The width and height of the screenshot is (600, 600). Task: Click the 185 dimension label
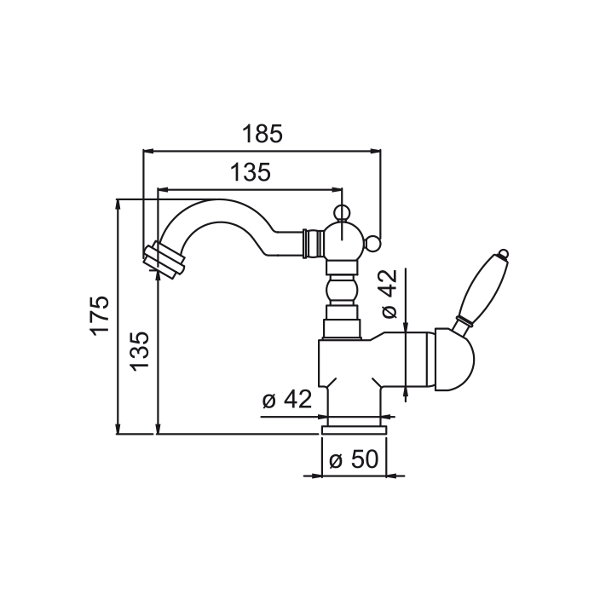pos(262,134)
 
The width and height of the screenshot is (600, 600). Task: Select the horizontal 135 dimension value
pos(251,173)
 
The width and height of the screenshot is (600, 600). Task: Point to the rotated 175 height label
pos(101,314)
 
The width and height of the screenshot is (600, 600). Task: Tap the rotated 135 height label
pos(141,349)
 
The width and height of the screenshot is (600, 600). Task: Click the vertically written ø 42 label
pos(389,295)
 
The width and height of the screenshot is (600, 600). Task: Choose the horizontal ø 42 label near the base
pos(288,400)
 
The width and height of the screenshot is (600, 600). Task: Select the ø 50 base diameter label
pos(353,460)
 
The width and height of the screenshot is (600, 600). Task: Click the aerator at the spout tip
pos(164,259)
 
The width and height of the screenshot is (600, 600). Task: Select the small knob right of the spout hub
pos(372,247)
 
